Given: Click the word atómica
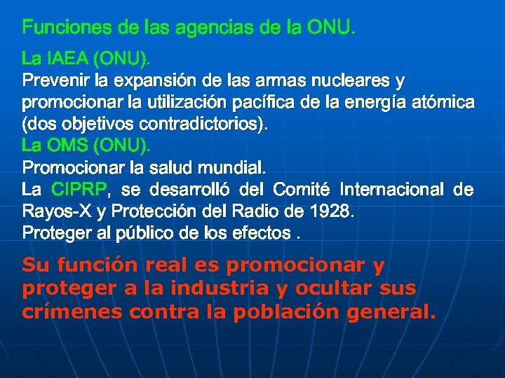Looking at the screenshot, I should coord(445,102).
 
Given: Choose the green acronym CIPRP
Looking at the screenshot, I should coord(79,190).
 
